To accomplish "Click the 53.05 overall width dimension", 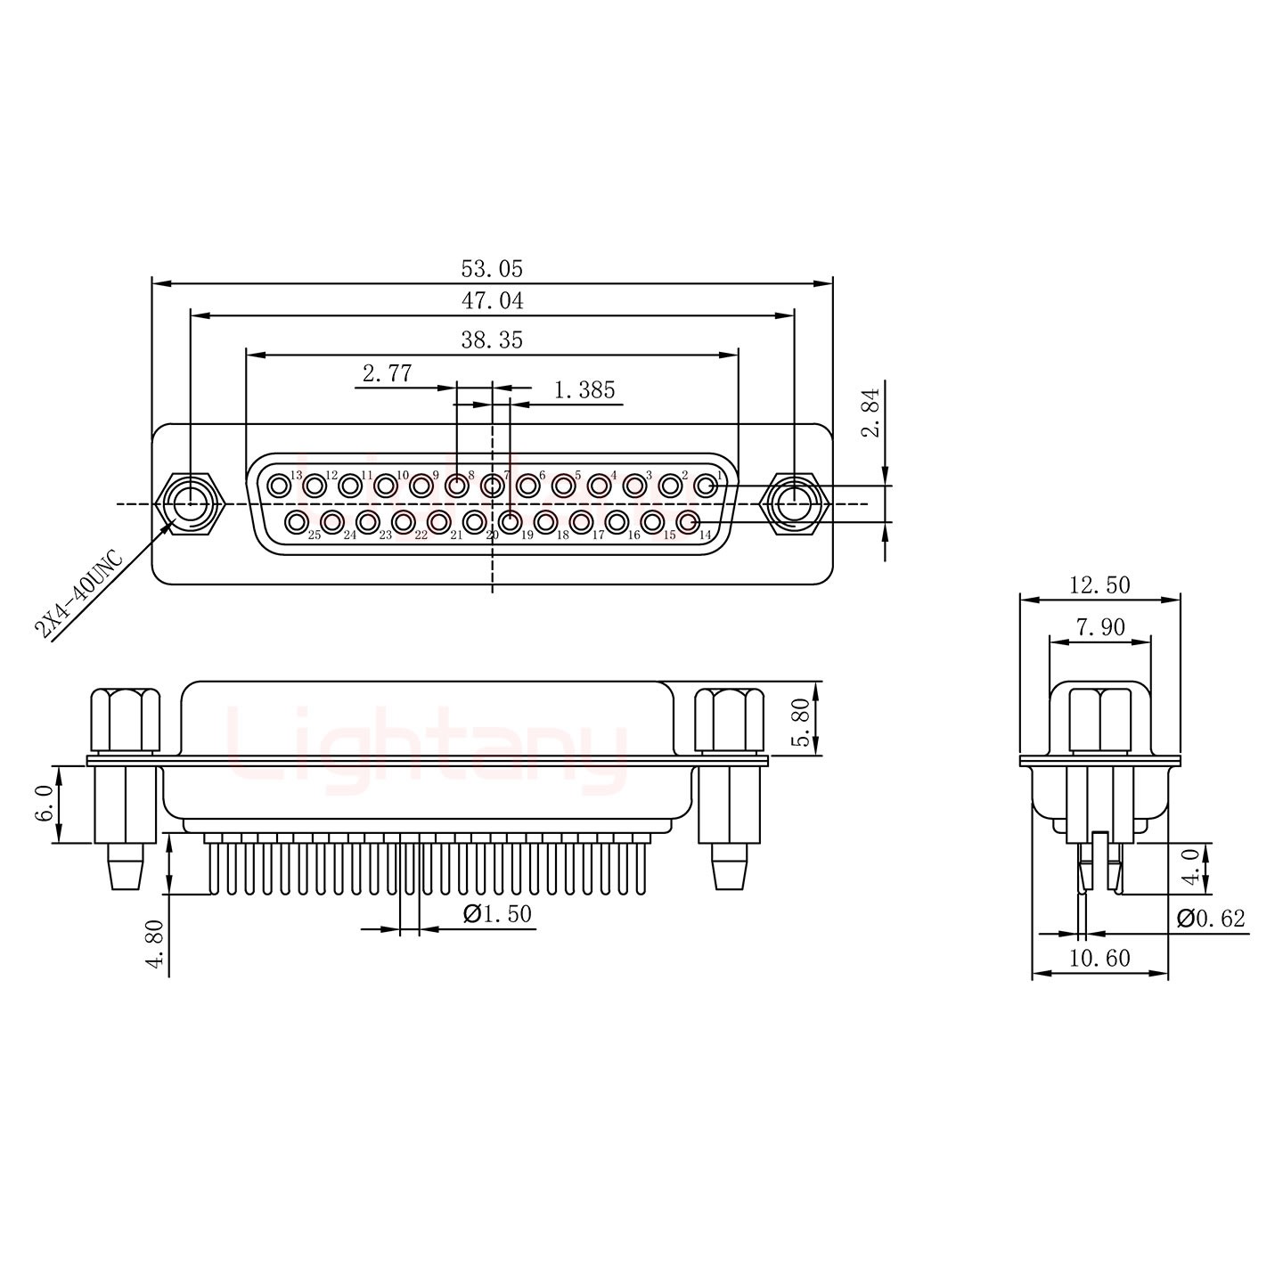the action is (492, 269).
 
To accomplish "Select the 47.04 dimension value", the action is (492, 301).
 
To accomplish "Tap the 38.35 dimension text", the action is (492, 340).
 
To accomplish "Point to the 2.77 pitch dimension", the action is (387, 373).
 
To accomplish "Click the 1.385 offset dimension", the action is (584, 390).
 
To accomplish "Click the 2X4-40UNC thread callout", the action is (79, 594).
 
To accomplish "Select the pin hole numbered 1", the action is (705, 486).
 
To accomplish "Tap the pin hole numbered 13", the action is (281, 486).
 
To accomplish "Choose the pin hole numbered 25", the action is (297, 522).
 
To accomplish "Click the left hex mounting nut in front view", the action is (191, 504).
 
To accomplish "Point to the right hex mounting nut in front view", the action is (793, 504).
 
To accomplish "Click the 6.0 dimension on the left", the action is (45, 805).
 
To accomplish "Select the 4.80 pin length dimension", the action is (156, 944).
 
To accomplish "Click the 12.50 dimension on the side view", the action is (1099, 585).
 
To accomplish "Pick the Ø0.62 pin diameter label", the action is (1211, 919).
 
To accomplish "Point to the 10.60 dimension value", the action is (1099, 958).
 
